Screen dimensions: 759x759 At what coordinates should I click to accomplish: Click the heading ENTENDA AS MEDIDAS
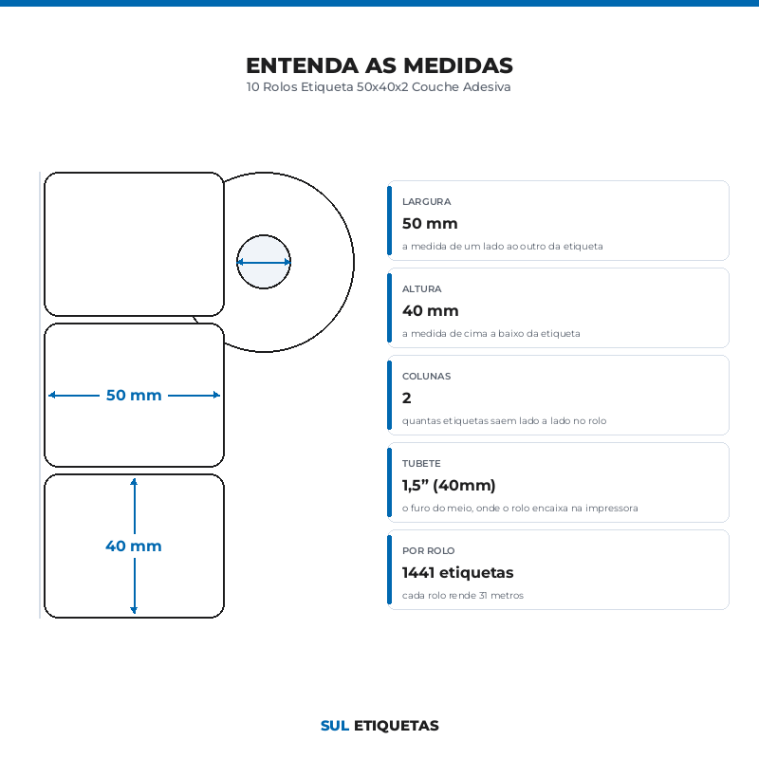379,65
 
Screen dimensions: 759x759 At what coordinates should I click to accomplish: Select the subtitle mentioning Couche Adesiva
379,87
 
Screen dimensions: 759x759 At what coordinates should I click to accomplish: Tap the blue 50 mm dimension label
134,395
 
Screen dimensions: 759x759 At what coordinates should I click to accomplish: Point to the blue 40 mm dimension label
134,546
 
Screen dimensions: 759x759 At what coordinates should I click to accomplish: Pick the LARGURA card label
426,201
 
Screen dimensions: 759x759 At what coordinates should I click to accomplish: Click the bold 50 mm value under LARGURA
430,224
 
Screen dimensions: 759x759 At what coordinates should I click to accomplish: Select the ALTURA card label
421,289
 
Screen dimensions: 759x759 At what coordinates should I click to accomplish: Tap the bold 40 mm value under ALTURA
431,311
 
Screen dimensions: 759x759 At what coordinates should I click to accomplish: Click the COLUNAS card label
426,376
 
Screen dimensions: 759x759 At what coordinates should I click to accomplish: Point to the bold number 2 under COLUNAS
407,398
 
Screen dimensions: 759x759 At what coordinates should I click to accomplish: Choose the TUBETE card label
421,463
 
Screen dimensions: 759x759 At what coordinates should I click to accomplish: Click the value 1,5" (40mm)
449,485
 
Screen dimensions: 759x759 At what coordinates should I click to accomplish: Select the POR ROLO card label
429,551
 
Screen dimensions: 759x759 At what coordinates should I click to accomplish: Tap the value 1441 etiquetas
457,573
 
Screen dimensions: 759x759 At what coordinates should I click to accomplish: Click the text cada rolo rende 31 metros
463,596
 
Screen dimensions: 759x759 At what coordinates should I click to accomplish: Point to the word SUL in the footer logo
335,726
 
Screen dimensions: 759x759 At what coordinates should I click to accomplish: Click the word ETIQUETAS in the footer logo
396,726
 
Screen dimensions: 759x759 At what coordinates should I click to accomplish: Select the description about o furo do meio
520,509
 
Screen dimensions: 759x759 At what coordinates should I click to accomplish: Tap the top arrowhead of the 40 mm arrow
134,480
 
